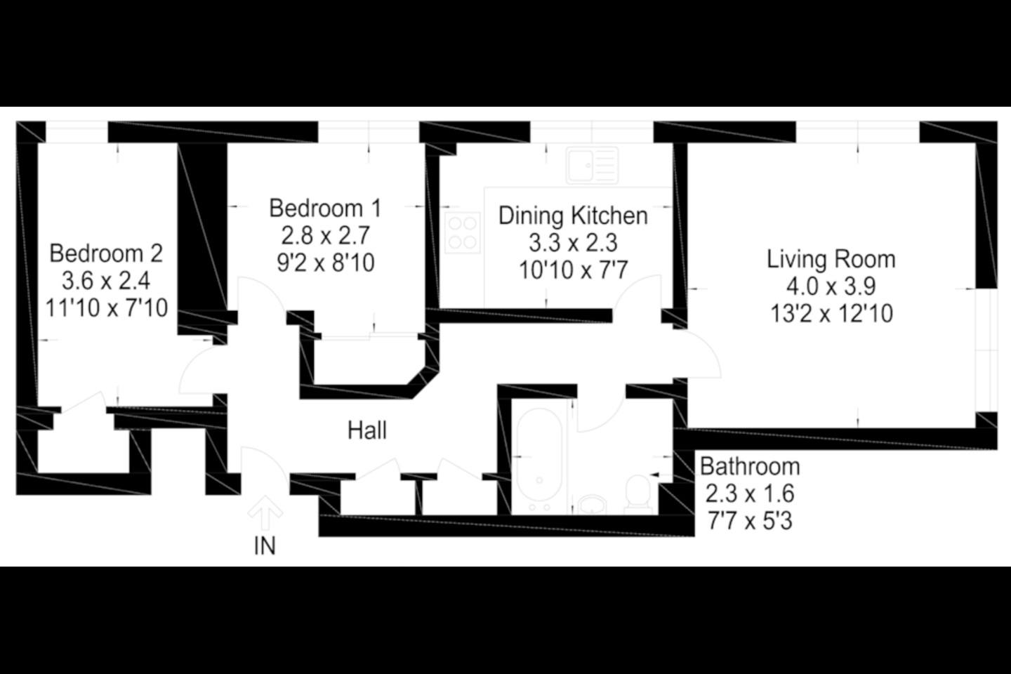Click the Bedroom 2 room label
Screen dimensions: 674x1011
pyautogui.click(x=106, y=253)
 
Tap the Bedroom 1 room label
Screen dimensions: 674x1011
pyautogui.click(x=325, y=209)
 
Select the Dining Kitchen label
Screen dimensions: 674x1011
pyautogui.click(x=573, y=216)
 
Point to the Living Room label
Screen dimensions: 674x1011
pyautogui.click(x=831, y=259)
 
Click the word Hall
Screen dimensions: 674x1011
pyautogui.click(x=367, y=430)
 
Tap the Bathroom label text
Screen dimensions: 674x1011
pyautogui.click(x=750, y=466)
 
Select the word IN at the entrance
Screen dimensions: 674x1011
pyautogui.click(x=265, y=546)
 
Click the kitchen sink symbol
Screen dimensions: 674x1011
pyautogui.click(x=592, y=165)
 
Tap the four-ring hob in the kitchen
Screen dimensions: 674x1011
pyautogui.click(x=462, y=233)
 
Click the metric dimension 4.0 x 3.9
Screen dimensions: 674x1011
pyautogui.click(x=831, y=286)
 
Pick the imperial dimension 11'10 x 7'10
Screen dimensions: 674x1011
pyautogui.click(x=106, y=308)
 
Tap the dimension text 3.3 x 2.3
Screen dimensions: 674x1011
pyautogui.click(x=573, y=243)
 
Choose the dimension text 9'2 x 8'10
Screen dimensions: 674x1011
pyautogui.click(x=325, y=263)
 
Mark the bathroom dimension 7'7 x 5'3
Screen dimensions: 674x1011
pyautogui.click(x=750, y=521)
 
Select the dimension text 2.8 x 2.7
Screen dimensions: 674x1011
pyautogui.click(x=325, y=236)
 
